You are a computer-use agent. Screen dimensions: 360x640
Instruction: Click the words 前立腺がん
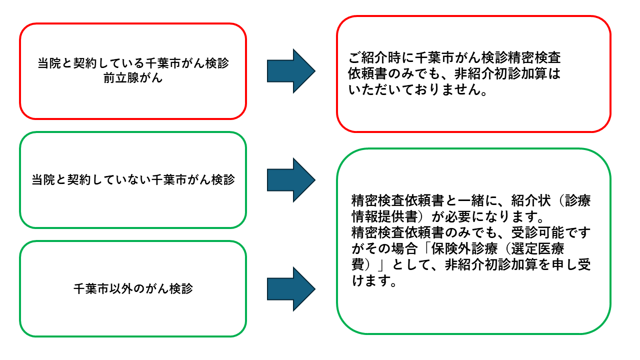[132, 78]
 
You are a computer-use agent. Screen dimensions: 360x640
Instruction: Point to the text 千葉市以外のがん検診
[133, 289]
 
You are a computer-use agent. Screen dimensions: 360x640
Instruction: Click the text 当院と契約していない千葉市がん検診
[133, 180]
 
